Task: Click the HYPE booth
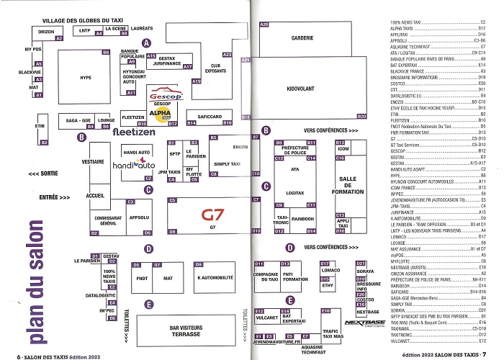coord(86,77)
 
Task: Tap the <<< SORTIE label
coord(45,174)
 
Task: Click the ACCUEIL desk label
coord(95,196)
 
